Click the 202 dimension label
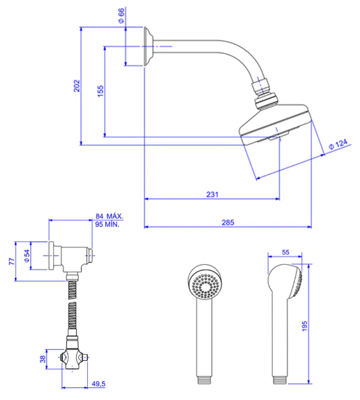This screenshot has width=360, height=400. pyautogui.click(x=77, y=86)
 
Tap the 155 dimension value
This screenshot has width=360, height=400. pyautogui.click(x=101, y=91)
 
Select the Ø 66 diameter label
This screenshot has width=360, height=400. pyautogui.click(x=122, y=16)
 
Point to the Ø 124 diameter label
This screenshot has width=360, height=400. pyautogui.click(x=338, y=144)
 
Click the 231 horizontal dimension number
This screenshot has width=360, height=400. pyautogui.click(x=212, y=195)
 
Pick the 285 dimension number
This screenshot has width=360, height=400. pyautogui.click(x=228, y=222)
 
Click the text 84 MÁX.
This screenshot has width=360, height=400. pyautogui.click(x=109, y=216)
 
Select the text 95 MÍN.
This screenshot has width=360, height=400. pyautogui.click(x=107, y=224)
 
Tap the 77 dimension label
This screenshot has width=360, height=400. pyautogui.click(x=11, y=261)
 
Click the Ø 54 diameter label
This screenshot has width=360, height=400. pyautogui.click(x=26, y=256)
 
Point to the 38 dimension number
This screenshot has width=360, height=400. pyautogui.click(x=43, y=359)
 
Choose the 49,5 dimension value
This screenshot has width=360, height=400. pyautogui.click(x=99, y=384)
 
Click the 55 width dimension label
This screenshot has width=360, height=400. pyautogui.click(x=286, y=252)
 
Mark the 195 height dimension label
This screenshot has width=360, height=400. pyautogui.click(x=305, y=326)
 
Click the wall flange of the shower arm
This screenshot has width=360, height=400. pyautogui.click(x=148, y=46)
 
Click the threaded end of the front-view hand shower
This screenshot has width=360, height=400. pyautogui.click(x=204, y=380)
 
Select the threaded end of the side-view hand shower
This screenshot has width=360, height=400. pyautogui.click(x=280, y=380)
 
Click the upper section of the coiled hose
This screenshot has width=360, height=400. pyautogui.click(x=72, y=290)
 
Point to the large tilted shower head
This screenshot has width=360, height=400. pyautogui.click(x=276, y=122)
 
